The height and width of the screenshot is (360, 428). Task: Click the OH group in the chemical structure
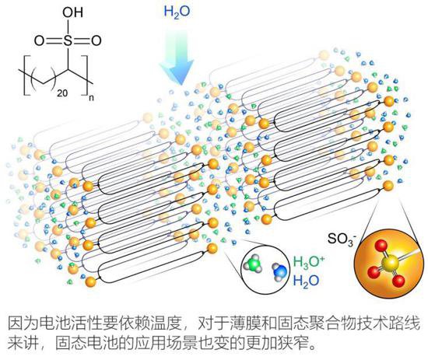click(72, 12)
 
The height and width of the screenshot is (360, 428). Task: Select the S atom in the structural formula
click(68, 41)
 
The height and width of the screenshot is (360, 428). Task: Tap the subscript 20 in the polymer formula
click(62, 93)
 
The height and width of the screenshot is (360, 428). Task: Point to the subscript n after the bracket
click(92, 98)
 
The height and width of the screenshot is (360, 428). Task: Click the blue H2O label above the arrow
click(177, 12)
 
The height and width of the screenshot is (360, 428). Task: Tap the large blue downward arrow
click(177, 58)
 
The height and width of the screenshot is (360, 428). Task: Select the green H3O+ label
click(309, 262)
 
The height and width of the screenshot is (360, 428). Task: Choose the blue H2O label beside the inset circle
click(306, 281)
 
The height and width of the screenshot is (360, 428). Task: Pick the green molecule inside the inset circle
click(253, 263)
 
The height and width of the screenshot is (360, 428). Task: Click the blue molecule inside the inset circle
click(280, 271)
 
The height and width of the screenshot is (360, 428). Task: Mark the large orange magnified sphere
click(389, 263)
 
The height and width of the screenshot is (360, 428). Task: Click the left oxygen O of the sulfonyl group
click(39, 41)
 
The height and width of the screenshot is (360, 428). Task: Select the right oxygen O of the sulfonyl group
click(96, 41)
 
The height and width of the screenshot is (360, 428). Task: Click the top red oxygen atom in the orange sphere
click(380, 246)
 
